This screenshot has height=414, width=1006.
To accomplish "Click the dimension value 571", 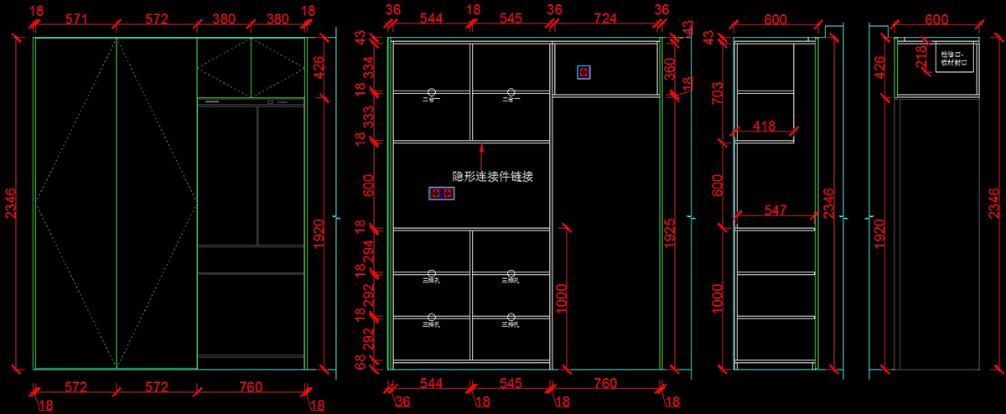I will pyautogui.click(x=75, y=19).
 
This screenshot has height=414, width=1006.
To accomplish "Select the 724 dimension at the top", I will pyautogui.click(x=607, y=19).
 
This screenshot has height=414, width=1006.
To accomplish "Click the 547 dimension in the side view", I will pyautogui.click(x=775, y=211).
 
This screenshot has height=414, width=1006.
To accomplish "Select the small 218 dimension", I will pyautogui.click(x=920, y=58).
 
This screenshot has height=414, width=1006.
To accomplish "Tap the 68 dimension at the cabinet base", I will pyautogui.click(x=361, y=362).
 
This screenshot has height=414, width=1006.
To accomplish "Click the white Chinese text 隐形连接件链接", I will pyautogui.click(x=493, y=177).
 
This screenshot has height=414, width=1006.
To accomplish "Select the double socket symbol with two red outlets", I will pyautogui.click(x=441, y=194).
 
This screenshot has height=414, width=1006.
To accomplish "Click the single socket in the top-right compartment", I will pyautogui.click(x=583, y=72).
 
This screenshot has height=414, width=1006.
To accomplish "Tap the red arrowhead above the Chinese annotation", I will pyautogui.click(x=481, y=148).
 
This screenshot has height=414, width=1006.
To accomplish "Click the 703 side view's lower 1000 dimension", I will pyautogui.click(x=718, y=298).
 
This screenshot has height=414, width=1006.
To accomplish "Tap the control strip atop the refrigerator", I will pyautogui.click(x=251, y=101).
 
